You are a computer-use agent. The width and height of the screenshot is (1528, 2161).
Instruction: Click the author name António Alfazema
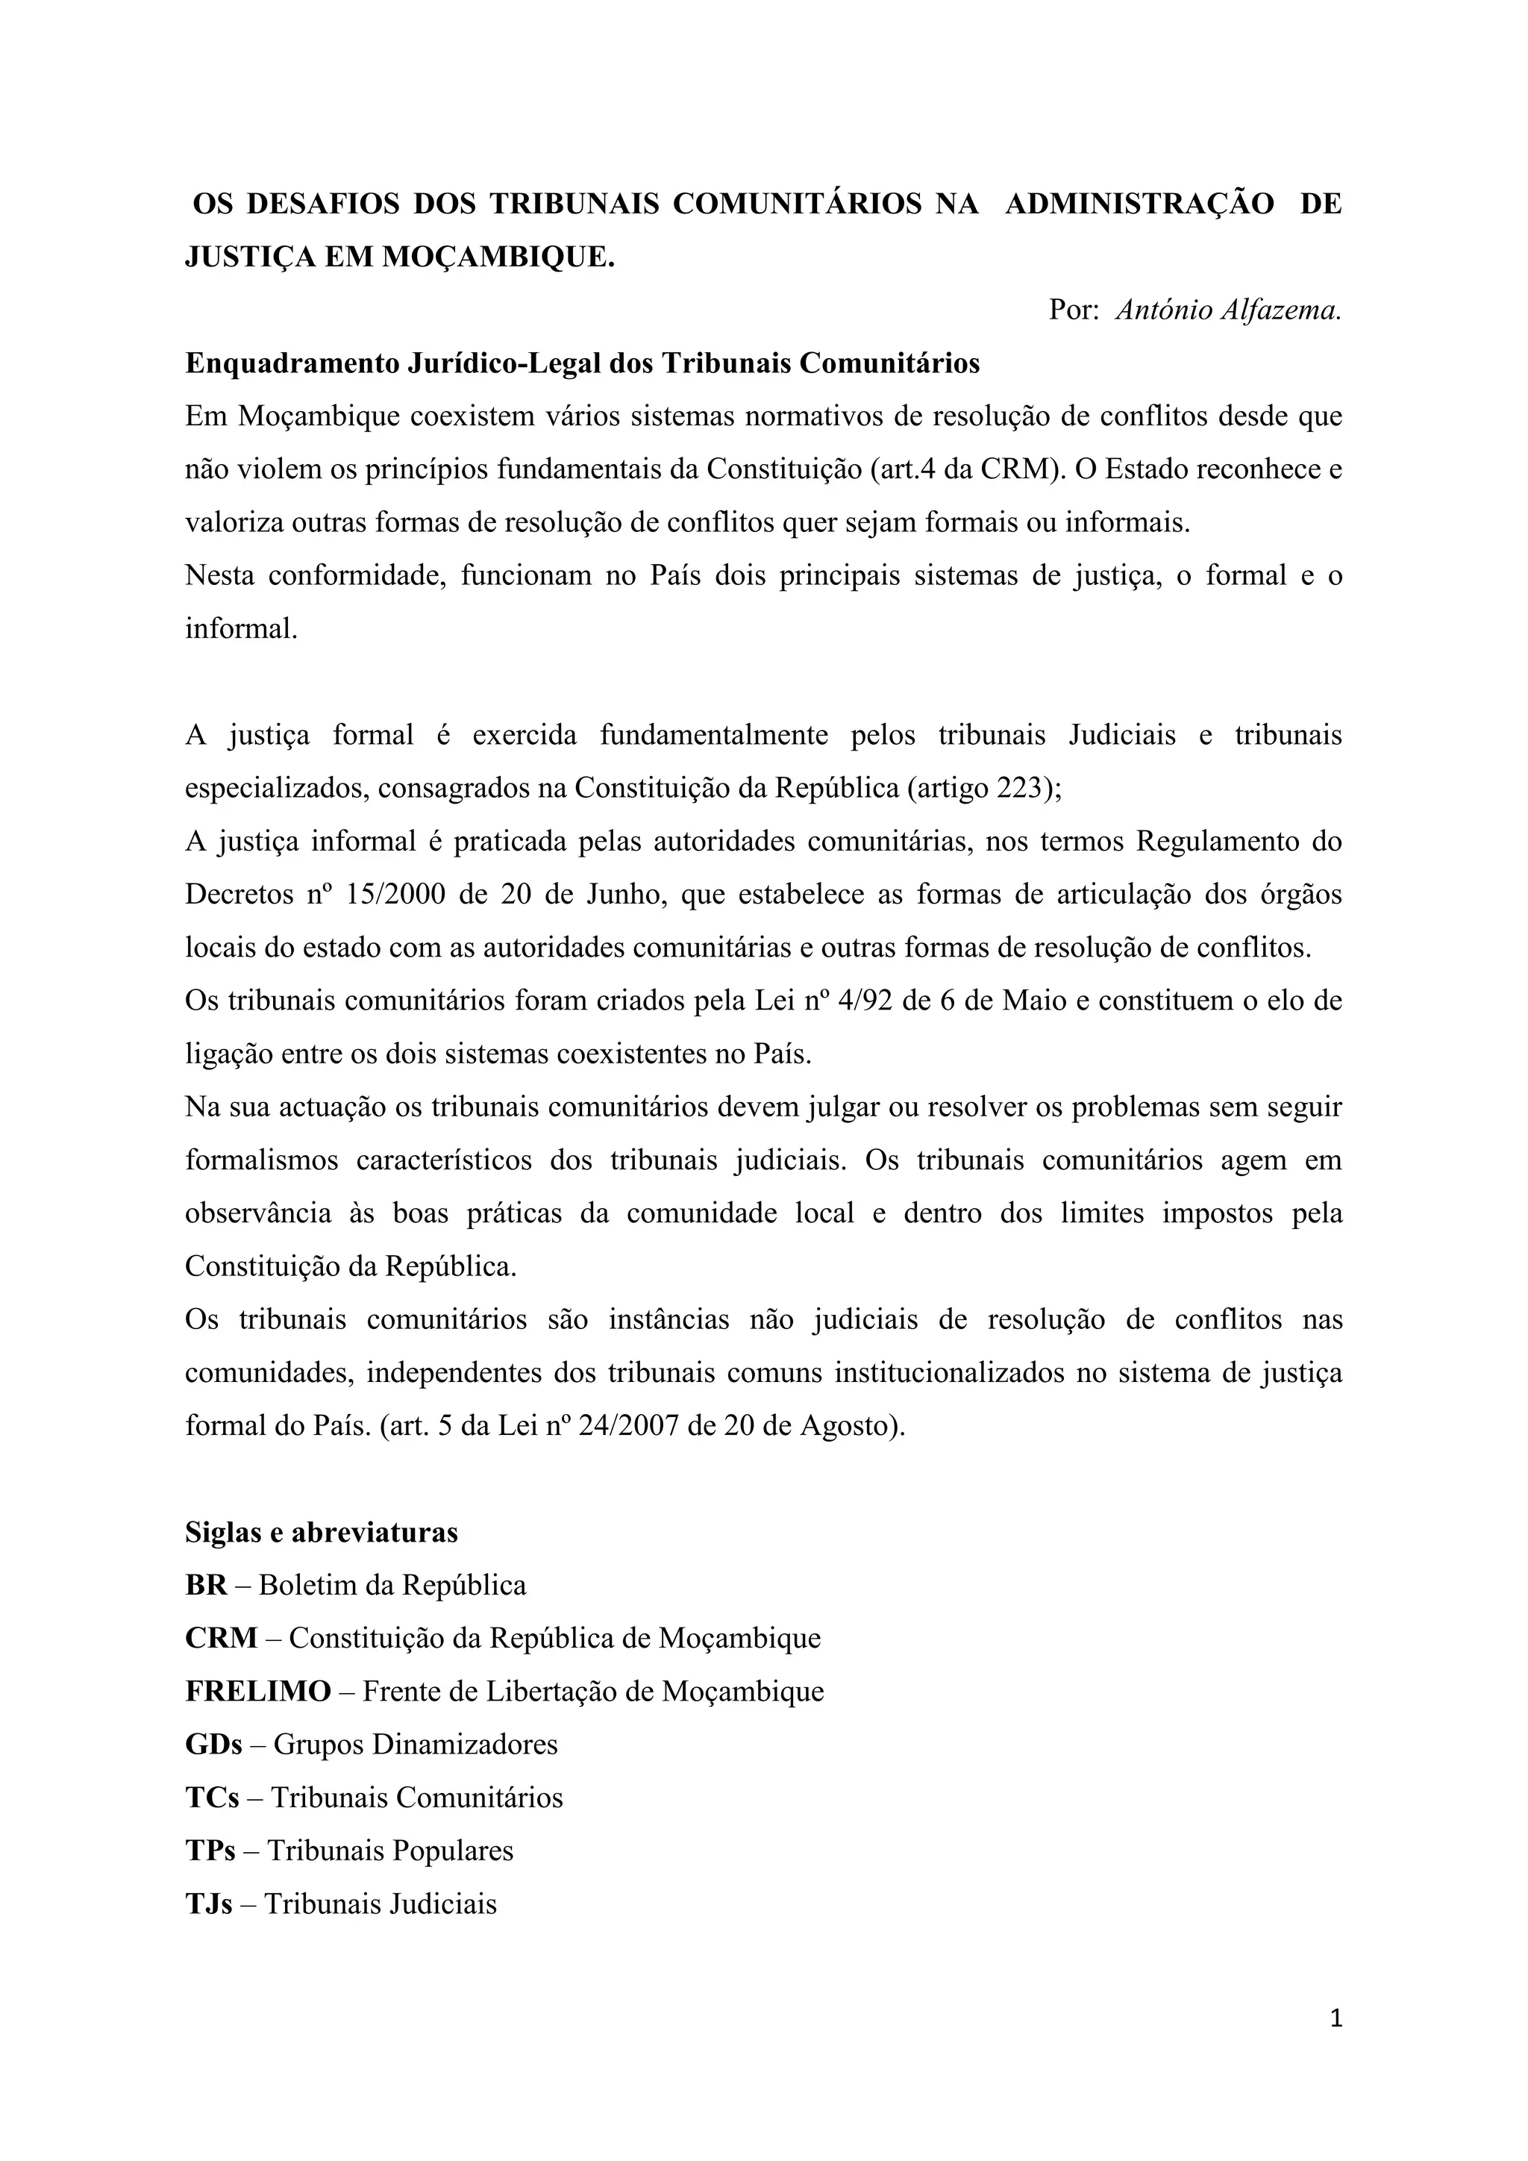pos(1228,310)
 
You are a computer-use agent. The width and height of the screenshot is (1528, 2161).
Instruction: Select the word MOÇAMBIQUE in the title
pos(498,257)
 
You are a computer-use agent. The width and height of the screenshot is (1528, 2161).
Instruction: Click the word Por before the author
pos(1073,310)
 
